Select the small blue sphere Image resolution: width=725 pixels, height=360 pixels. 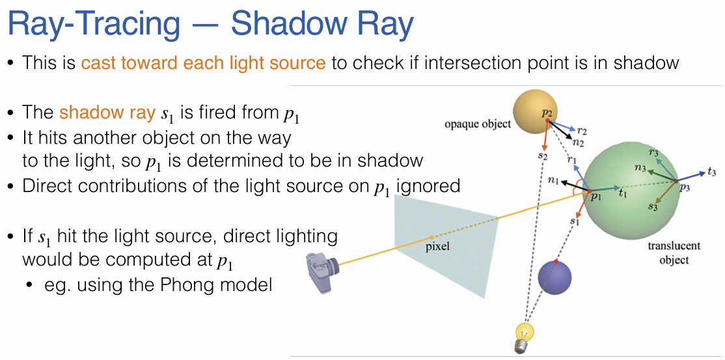[554, 277]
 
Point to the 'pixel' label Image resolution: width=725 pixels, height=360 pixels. [437, 247]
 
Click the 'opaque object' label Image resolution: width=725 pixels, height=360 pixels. [478, 124]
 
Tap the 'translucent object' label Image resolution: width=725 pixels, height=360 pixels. [674, 253]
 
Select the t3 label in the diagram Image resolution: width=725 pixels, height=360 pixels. [711, 173]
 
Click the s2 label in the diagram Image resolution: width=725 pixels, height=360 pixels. [542, 158]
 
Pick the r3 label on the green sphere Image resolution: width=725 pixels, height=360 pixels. [653, 154]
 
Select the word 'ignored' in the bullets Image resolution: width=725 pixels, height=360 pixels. [431, 186]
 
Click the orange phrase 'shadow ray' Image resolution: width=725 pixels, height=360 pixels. [107, 112]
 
